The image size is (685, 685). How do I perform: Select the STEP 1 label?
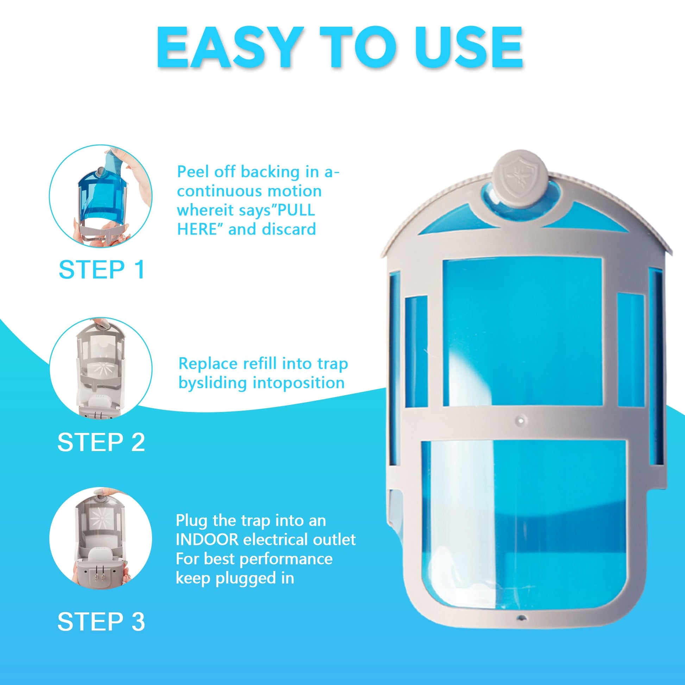(x=102, y=270)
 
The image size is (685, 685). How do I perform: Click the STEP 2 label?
(x=101, y=442)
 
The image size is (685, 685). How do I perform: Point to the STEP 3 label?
(x=101, y=622)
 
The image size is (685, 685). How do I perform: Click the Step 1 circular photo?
(x=101, y=196)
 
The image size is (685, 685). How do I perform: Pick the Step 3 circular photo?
(x=101, y=538)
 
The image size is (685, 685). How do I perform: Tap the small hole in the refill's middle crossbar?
(x=520, y=420)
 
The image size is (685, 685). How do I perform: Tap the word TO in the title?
(x=357, y=47)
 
